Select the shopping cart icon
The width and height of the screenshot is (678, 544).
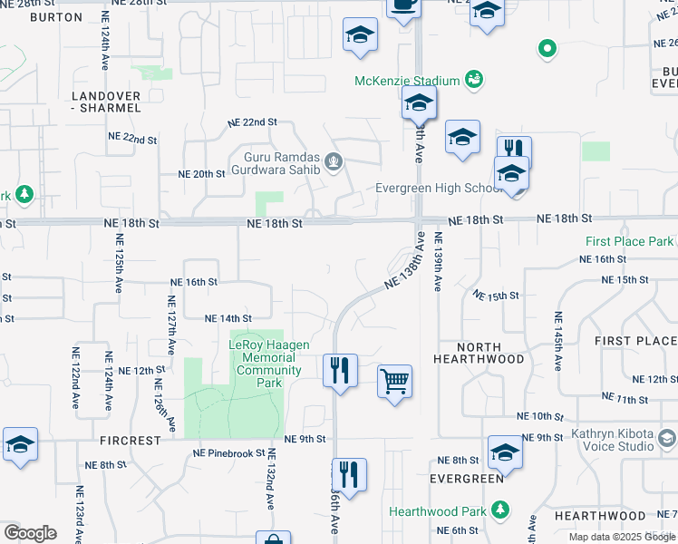click(394, 380)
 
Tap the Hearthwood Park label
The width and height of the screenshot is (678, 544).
click(438, 511)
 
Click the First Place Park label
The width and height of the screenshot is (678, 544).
click(630, 241)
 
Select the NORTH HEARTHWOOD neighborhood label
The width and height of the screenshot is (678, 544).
click(479, 353)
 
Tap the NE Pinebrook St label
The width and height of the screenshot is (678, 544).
click(228, 452)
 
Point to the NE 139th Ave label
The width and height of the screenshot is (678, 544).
click(438, 261)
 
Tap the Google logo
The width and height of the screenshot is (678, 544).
click(30, 533)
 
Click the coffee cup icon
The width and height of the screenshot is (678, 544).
click(403, 5)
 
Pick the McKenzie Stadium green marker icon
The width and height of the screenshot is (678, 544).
click(474, 81)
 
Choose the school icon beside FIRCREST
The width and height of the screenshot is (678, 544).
click(20, 444)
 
